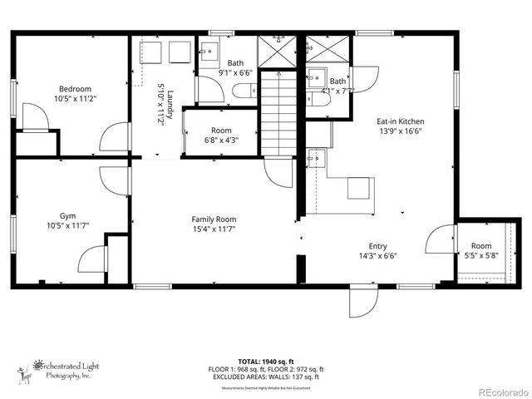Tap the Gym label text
coord(67,214)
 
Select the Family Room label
coord(214,219)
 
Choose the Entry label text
coord(378,246)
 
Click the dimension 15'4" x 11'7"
coord(214,229)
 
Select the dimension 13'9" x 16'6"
coord(401,131)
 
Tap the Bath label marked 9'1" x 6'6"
coord(236,62)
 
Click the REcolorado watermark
coord(500,391)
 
